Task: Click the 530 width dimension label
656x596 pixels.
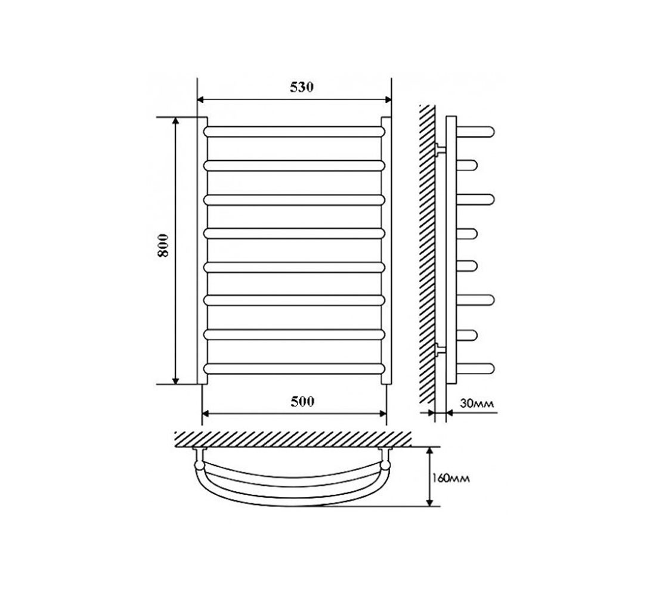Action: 301,87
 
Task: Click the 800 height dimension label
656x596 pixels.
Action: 163,245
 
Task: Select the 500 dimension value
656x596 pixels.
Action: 302,401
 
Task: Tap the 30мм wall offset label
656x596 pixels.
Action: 477,403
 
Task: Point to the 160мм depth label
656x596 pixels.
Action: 451,477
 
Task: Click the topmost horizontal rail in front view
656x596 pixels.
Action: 294,132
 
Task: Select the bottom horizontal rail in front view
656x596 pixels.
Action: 294,369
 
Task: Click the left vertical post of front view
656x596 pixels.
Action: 202,250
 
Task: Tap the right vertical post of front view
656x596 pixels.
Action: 386,250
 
